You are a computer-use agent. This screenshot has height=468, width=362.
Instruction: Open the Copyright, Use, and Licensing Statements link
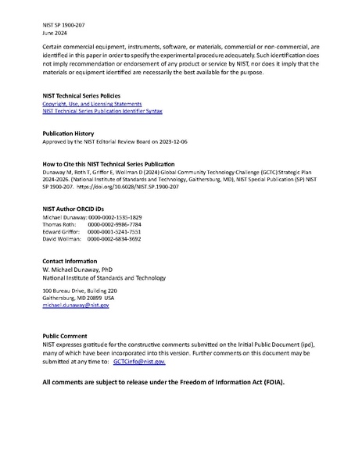(x=91, y=104)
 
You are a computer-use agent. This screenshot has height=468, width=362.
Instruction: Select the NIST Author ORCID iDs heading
(x=76, y=209)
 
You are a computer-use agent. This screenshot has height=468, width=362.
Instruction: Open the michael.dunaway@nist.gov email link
(x=76, y=305)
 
